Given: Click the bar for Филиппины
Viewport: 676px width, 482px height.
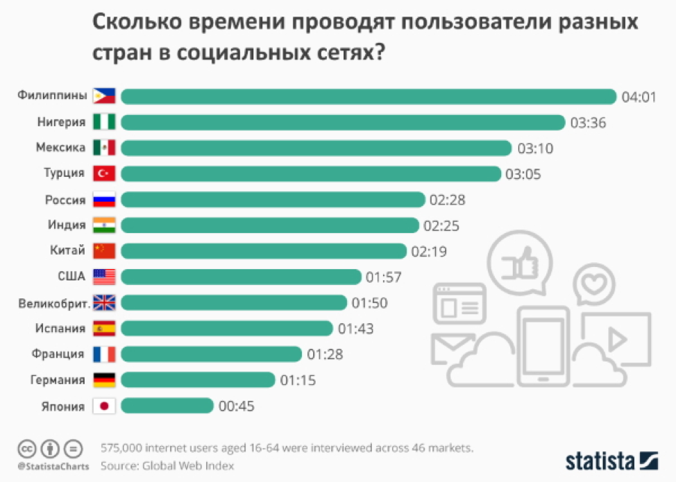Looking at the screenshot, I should (368, 96).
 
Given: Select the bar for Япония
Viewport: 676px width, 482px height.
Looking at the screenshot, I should (167, 406).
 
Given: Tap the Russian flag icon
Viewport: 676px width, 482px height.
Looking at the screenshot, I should (104, 200).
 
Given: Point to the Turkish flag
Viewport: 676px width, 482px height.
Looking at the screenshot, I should (104, 173).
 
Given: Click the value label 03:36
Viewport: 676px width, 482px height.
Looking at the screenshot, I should (589, 123).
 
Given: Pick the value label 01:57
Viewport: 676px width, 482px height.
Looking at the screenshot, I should (384, 277).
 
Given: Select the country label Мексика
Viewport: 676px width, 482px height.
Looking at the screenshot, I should (61, 148).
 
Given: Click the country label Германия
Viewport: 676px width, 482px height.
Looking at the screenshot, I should (58, 380).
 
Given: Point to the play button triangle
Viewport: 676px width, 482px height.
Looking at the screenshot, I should (617, 340).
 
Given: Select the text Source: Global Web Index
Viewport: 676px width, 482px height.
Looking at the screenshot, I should (167, 465).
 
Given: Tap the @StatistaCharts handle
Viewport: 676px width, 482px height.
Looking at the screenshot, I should (53, 466).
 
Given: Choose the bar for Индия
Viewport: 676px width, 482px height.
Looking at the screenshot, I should (270, 225).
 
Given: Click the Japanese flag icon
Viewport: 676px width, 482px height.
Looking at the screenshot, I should (104, 406).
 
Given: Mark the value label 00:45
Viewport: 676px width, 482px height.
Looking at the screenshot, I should (237, 406).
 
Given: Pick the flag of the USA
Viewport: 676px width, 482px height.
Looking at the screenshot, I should (104, 277).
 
